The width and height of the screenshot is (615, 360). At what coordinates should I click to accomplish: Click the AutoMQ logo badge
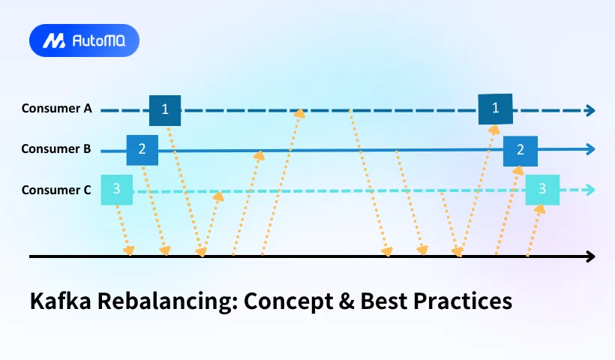[x=84, y=40]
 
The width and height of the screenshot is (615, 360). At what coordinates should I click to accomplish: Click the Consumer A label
[x=56, y=108]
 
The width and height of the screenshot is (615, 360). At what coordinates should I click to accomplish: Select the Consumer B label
[x=56, y=149]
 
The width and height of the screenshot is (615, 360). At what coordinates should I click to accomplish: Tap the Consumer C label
[x=56, y=190]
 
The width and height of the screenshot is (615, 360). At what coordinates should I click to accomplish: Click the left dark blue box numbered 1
[x=165, y=110]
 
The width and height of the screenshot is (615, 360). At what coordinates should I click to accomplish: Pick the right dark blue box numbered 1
[x=495, y=109]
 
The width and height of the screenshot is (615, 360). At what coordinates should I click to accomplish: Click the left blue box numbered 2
[x=142, y=150]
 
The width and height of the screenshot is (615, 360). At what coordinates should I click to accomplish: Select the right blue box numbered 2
[x=520, y=151]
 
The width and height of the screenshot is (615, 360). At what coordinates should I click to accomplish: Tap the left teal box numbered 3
[x=117, y=190]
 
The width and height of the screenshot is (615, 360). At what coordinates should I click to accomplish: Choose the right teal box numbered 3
[x=542, y=190]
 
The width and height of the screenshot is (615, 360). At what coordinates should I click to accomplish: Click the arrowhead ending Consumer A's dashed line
[x=590, y=110]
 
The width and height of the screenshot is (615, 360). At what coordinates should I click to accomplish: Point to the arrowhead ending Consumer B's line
[x=590, y=149]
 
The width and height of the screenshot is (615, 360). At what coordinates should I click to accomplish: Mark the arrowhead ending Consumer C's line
[x=590, y=190]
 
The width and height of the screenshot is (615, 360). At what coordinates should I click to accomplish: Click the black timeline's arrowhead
[x=590, y=256]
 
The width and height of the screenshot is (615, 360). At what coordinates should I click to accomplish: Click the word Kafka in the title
[x=61, y=301]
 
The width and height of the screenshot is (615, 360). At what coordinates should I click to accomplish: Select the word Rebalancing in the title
[x=167, y=302]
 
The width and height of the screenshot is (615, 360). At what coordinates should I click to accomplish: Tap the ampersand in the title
[x=346, y=301]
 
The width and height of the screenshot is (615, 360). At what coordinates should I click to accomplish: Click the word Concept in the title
[x=287, y=302]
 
